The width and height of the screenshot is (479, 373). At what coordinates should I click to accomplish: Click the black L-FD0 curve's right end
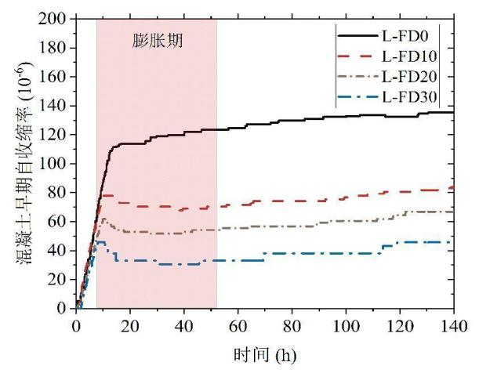coord(453,112)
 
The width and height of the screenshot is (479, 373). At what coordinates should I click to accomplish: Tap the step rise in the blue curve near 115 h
coord(383,247)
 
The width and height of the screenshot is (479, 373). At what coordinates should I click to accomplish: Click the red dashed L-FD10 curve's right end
coord(453,188)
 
